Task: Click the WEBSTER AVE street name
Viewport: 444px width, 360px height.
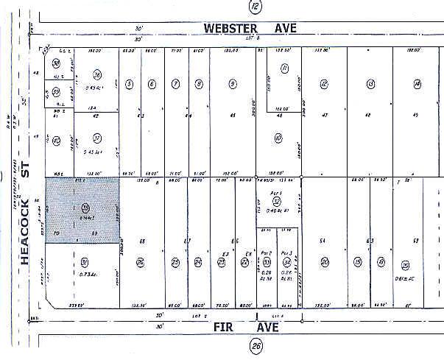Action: (250, 28)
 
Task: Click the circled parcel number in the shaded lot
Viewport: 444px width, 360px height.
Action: (85, 208)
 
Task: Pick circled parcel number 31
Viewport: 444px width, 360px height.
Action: (85, 262)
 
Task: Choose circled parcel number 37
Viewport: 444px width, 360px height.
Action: (96, 138)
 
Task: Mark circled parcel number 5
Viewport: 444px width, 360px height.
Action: (129, 84)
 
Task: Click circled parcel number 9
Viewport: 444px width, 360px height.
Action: (233, 84)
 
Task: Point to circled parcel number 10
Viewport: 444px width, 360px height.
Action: (278, 138)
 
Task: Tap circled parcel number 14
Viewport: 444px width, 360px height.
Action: (417, 84)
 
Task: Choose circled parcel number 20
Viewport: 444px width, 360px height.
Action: (324, 262)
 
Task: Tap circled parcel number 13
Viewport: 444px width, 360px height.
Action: (370, 84)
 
